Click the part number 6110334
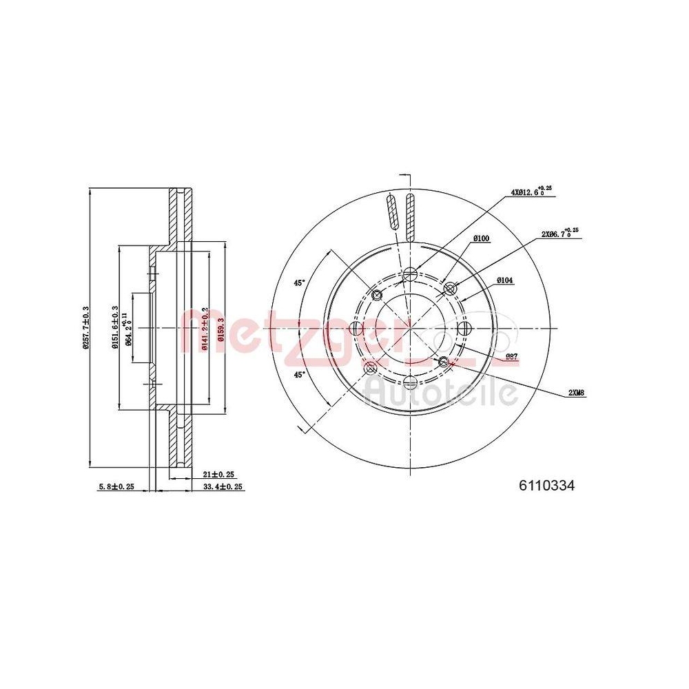click(546, 486)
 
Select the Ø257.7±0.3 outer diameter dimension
click(85, 327)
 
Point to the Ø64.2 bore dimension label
click(128, 327)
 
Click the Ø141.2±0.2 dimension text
click(205, 327)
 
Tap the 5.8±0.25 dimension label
click(116, 486)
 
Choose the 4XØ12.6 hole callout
click(531, 192)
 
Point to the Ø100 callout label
click(481, 238)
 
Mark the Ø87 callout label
click(512, 356)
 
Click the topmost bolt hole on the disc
click(409, 274)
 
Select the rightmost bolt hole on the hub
click(464, 328)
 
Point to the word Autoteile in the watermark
click(441, 393)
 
